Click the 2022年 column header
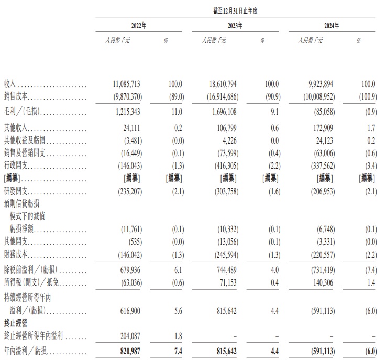[138, 25]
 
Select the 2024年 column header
[331, 25]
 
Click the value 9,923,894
[314, 84]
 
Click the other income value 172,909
[318, 127]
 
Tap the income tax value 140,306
[318, 282]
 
